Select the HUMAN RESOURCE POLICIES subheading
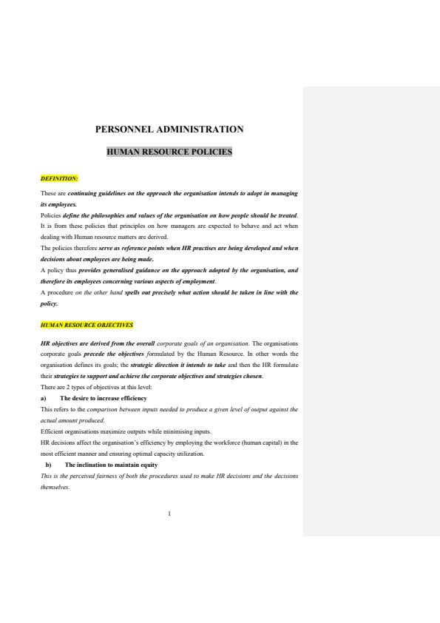coord(169,152)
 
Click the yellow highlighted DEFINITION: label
coord(59,178)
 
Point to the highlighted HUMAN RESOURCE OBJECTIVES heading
coord(87,325)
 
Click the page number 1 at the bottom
coord(169,513)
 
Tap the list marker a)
coord(44,398)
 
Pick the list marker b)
coord(48,465)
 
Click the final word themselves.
coord(55,488)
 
